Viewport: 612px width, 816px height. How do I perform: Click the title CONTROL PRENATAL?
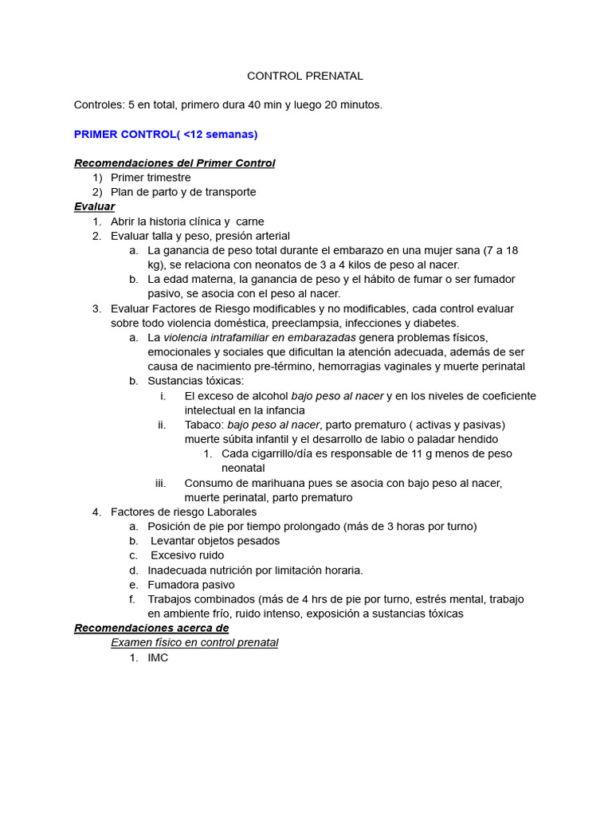point(305,76)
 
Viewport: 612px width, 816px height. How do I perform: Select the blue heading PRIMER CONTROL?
point(166,134)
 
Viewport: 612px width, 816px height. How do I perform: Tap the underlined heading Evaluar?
point(94,206)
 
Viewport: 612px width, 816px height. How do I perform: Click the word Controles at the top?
point(100,105)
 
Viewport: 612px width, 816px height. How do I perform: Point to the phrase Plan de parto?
point(147,192)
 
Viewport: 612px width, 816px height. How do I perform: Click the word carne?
point(250,222)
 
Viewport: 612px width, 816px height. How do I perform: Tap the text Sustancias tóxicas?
point(196,381)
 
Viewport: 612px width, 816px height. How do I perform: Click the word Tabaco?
point(203,425)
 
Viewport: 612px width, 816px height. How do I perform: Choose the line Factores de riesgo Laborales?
point(184,512)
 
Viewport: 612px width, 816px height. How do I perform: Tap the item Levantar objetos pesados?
point(215,540)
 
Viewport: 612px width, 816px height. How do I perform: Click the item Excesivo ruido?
point(187,555)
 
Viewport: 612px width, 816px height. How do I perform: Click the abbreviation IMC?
point(158,657)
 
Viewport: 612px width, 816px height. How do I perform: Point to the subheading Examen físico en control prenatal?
point(194,642)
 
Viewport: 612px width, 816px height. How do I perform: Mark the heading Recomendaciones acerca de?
point(151,628)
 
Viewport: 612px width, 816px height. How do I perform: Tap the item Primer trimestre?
point(151,178)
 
